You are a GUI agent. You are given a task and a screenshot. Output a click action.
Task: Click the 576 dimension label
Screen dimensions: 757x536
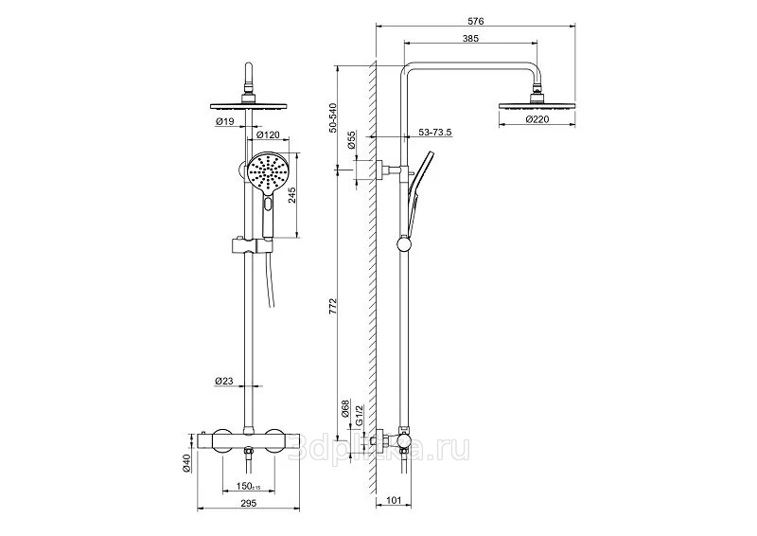476,21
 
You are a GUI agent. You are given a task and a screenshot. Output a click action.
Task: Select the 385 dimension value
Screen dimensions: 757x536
470,38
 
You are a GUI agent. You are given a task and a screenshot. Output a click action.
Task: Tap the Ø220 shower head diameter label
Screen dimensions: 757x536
537,120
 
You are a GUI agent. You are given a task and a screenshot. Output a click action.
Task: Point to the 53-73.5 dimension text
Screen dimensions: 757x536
434,133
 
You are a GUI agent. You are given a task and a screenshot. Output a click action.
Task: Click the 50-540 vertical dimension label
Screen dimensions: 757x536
332,117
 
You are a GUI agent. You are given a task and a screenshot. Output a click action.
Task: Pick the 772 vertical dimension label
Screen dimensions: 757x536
332,307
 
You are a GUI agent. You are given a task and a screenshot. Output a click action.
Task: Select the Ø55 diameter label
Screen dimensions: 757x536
351,139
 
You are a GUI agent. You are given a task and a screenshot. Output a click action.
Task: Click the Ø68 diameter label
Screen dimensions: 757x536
345,408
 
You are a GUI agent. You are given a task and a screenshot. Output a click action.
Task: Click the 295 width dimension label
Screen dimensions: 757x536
248,503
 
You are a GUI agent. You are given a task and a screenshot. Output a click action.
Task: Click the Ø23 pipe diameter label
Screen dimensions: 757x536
224,381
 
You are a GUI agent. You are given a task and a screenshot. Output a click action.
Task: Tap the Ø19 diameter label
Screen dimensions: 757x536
225,122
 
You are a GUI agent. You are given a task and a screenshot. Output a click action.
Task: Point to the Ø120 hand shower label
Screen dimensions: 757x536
268,134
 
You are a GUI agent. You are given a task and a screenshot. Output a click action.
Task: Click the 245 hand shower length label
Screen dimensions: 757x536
291,195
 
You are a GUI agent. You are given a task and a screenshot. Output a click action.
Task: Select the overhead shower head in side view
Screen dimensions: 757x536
537,105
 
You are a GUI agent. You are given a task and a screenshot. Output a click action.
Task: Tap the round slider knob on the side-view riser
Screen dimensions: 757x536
404,243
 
